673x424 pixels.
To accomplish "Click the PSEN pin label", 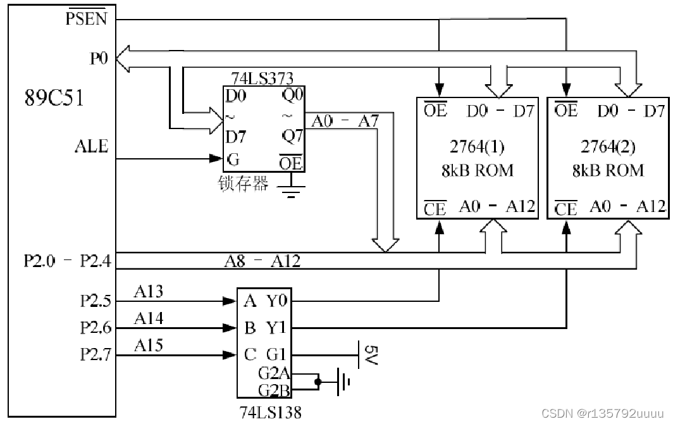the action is click(x=86, y=18).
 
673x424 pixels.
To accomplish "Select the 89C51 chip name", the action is click(x=54, y=98).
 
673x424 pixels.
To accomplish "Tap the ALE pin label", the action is click(x=92, y=146).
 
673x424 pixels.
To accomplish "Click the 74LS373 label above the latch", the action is click(x=262, y=78).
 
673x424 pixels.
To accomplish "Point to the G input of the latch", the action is click(x=233, y=159).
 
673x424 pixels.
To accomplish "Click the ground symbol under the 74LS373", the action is click(x=291, y=191).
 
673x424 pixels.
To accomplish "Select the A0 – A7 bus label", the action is click(x=345, y=122).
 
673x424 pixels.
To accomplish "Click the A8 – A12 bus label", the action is click(x=262, y=261).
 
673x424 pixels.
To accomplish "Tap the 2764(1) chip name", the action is click(x=477, y=147).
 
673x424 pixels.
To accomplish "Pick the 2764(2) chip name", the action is click(x=608, y=147).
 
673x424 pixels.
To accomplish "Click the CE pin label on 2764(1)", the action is click(x=435, y=209).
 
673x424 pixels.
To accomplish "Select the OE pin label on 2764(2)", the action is click(x=565, y=110).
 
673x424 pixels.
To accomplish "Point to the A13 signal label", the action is click(x=149, y=292).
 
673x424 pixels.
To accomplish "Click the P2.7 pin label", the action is click(x=96, y=354).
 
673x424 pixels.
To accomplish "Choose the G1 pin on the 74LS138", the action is click(x=276, y=354).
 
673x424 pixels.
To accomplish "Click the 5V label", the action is click(x=371, y=355).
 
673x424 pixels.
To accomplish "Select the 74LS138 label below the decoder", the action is click(x=271, y=413).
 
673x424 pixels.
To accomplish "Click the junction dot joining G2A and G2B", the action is click(x=318, y=382).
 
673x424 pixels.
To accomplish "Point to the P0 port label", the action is click(x=98, y=58).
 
